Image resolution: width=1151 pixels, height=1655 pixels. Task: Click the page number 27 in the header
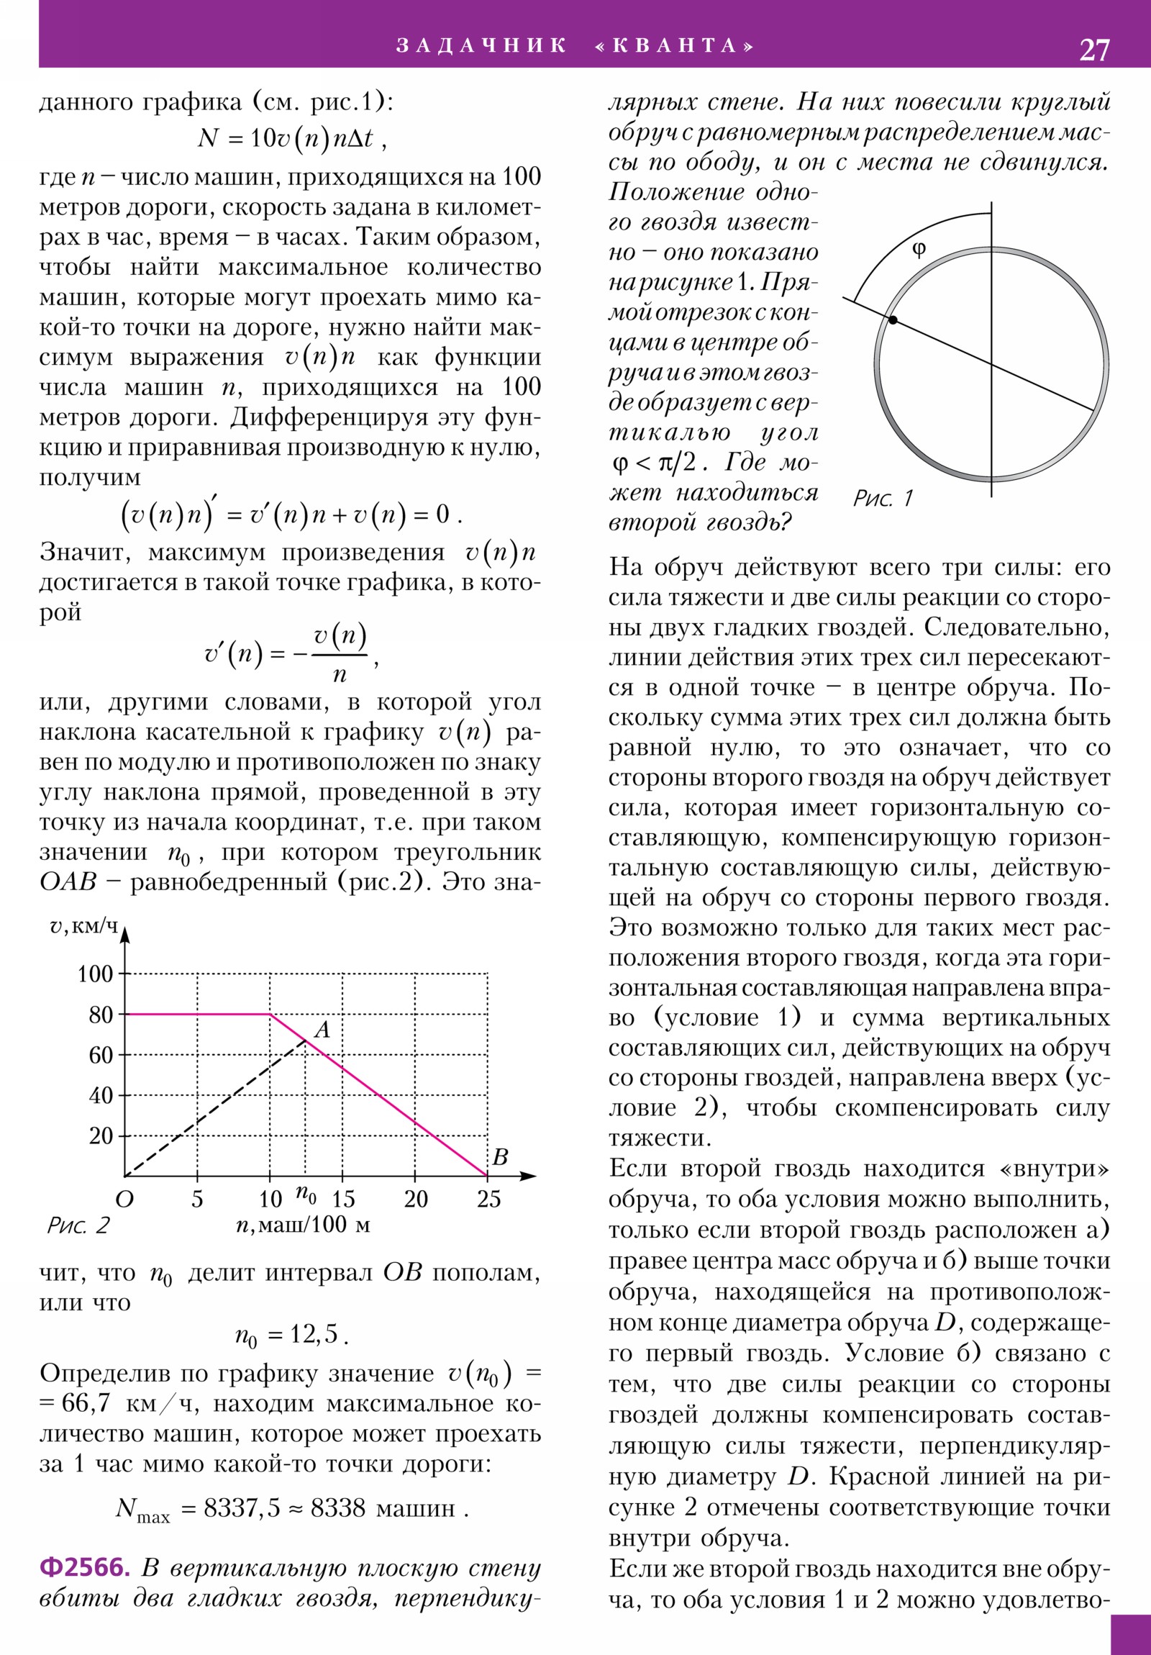coord(1094,50)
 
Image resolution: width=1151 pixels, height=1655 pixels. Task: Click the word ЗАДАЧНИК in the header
coord(481,46)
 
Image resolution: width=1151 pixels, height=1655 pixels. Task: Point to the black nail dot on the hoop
coord(893,319)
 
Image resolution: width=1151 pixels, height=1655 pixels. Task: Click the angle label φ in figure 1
coord(918,250)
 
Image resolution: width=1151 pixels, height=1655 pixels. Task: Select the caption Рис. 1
coord(883,497)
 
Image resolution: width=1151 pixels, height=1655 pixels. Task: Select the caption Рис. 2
coord(78,1225)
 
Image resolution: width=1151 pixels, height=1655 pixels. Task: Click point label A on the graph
coord(322,1029)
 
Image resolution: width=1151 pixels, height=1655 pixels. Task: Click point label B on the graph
coord(500,1157)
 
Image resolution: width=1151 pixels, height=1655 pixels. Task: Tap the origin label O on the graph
coord(124,1200)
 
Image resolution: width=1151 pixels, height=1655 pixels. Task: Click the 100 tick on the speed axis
coord(95,974)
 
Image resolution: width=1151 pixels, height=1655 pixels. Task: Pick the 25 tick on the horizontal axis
coord(488,1199)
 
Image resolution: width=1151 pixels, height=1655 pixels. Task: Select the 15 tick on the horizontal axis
coord(343,1199)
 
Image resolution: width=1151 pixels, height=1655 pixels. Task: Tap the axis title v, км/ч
coord(83,926)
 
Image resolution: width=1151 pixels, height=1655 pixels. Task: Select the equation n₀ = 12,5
coord(291,1335)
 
